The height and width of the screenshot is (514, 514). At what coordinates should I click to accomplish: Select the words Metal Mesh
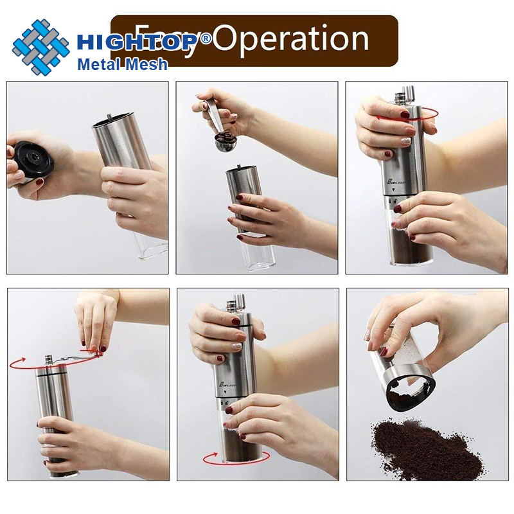[122, 64]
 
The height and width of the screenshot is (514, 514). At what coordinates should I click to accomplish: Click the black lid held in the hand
[33, 160]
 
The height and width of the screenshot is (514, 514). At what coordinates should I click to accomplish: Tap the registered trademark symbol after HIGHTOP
[206, 38]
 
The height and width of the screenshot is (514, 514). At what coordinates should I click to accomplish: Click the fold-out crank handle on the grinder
[72, 355]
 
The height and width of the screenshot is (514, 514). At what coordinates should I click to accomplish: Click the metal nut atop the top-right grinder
[406, 94]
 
